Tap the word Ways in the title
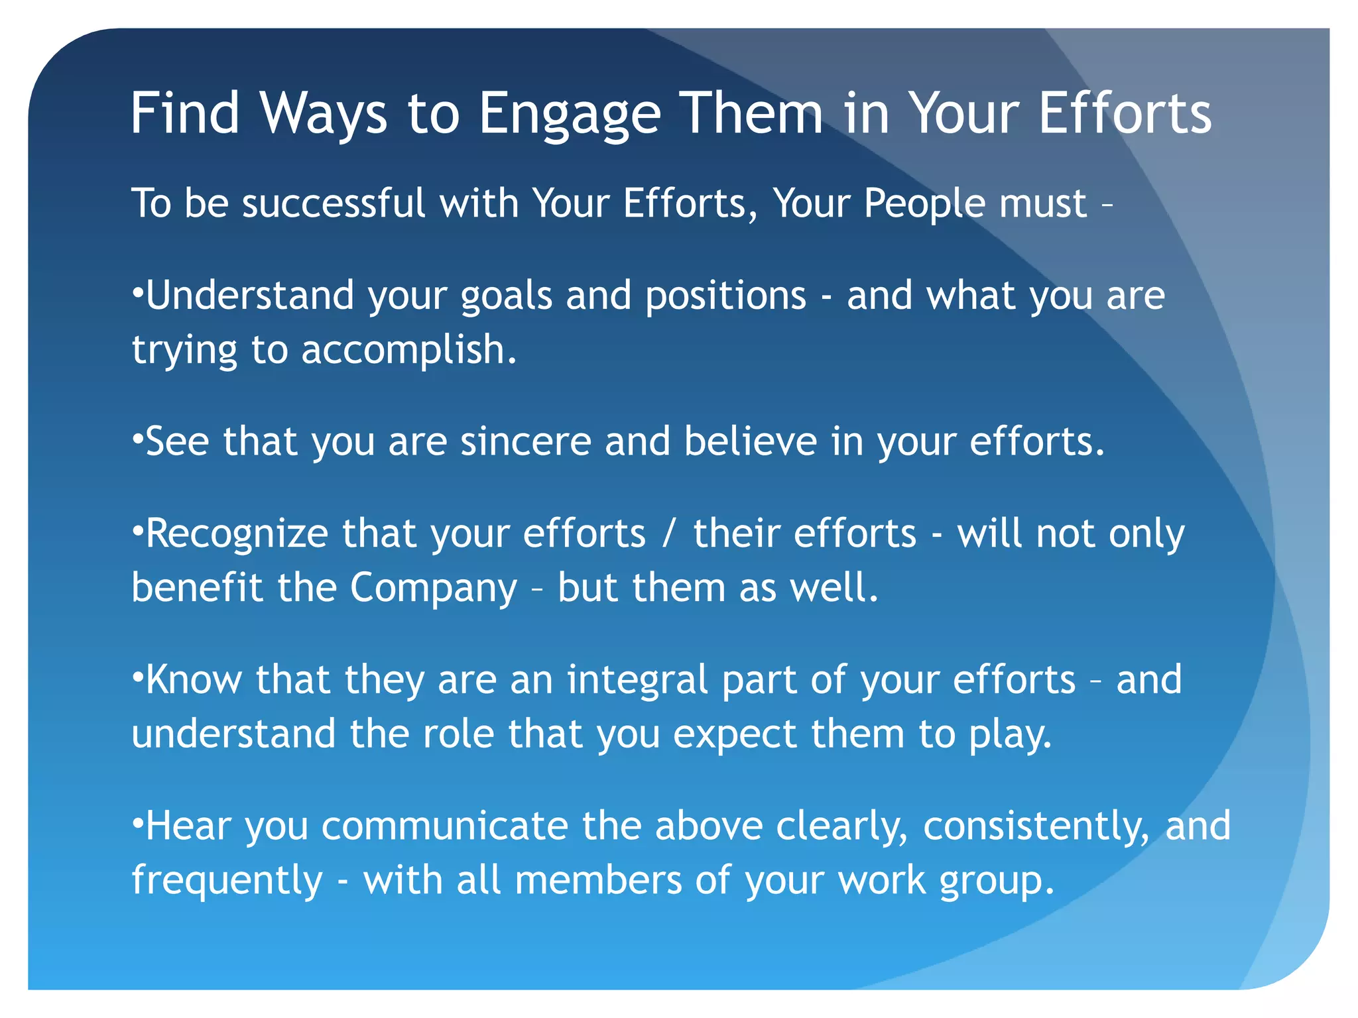click(x=323, y=114)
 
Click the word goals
click(x=506, y=296)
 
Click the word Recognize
click(x=237, y=534)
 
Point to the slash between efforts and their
click(x=670, y=534)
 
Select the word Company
click(x=433, y=589)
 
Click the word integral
click(x=637, y=680)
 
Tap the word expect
click(x=735, y=734)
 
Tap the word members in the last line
click(x=598, y=880)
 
